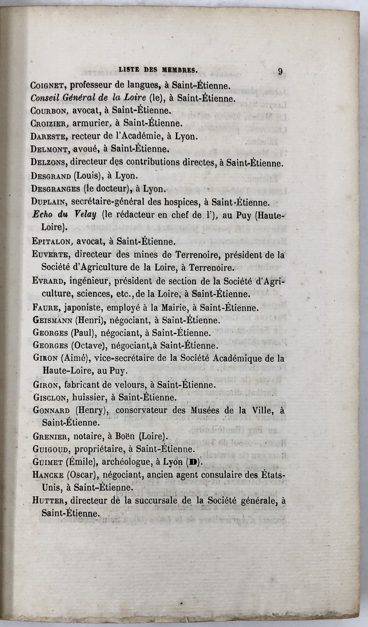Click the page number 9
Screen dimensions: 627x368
(x=280, y=71)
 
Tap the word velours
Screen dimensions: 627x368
(x=124, y=385)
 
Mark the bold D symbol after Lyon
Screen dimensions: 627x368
(x=192, y=462)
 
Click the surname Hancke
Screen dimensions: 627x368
(x=48, y=475)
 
